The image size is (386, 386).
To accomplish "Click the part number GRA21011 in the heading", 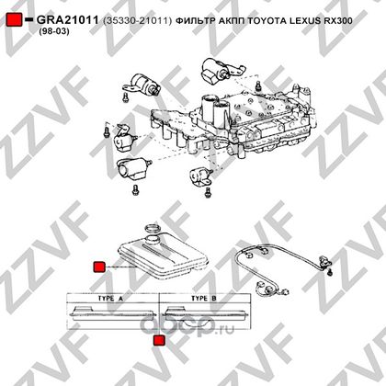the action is pos(67,20).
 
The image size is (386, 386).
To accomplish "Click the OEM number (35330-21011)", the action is pos(138,20).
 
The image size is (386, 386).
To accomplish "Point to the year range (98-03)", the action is pos(54,31).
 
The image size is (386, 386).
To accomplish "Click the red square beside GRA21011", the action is pos(14,19).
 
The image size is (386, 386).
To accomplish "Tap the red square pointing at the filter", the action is pos(99,267).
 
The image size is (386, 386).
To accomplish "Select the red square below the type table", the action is pos(159,340).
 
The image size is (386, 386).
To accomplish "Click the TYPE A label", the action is pos(110,298).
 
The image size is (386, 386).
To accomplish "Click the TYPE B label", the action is pos(204,298).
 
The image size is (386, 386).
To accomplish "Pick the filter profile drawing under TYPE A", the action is pos(113,313).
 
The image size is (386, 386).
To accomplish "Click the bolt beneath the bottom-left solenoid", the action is pos(135,189).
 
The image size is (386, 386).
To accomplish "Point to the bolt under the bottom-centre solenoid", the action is pos(208,192).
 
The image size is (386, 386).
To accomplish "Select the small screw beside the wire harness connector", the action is pos(329,272).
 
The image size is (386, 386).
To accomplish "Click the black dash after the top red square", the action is pos(28,19).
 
